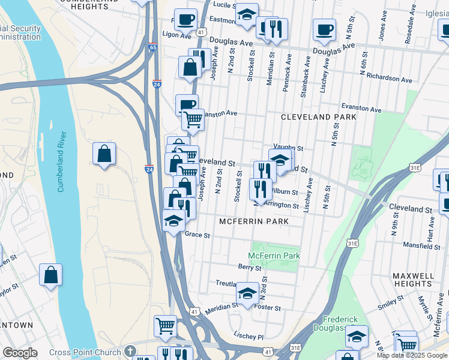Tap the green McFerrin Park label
pos(275,256)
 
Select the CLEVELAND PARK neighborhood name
pos(319,117)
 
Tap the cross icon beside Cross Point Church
pos(131,352)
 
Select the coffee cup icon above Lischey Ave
pos(325,29)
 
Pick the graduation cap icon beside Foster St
pos(247,293)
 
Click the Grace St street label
pos(197,235)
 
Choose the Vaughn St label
pos(289,147)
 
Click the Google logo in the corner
pos(20,353)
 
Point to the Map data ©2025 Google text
pos(412,355)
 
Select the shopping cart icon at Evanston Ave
pos(193,120)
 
